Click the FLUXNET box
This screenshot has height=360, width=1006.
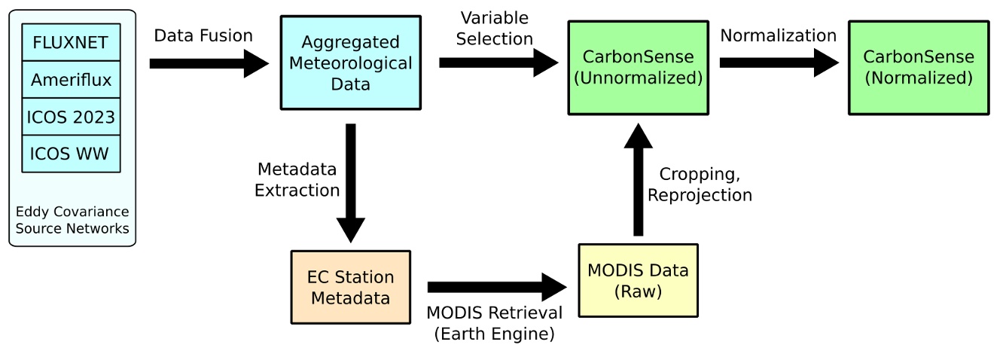(x=71, y=42)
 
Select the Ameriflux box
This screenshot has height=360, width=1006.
(x=71, y=79)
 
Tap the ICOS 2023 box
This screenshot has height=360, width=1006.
(x=71, y=116)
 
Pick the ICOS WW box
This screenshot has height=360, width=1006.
(x=71, y=153)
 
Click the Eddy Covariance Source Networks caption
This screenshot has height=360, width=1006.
(x=72, y=219)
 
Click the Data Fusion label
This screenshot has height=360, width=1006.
(x=203, y=35)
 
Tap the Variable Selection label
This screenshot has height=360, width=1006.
(x=495, y=28)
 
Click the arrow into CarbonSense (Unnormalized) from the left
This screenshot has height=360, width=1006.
(x=497, y=64)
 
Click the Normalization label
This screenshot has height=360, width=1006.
(x=778, y=35)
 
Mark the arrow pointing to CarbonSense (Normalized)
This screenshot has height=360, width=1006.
(x=779, y=64)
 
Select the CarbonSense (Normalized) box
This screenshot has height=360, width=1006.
(x=918, y=67)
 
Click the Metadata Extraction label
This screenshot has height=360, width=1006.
(x=297, y=179)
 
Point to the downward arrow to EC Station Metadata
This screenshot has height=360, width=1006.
(x=351, y=181)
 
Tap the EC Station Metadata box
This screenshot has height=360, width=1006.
(x=350, y=288)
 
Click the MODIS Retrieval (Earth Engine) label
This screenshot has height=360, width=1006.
(x=494, y=323)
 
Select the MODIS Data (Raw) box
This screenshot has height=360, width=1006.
(x=637, y=281)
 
